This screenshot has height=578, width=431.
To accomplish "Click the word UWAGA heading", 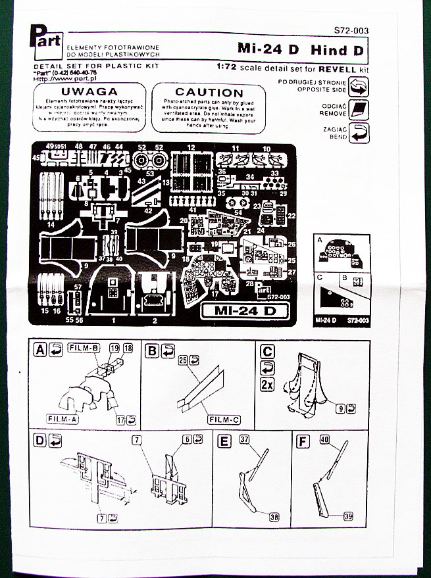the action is click(x=88, y=91).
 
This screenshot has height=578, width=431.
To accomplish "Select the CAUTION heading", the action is click(x=209, y=93).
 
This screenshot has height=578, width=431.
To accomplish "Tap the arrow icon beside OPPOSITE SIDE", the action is click(x=358, y=87).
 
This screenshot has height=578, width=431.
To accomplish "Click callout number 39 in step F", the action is click(x=347, y=517).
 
